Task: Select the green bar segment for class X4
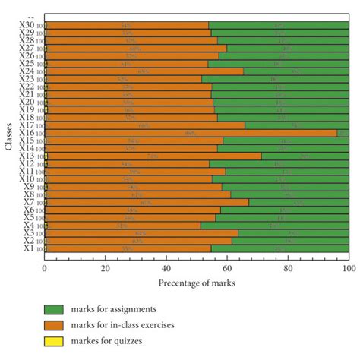click(x=274, y=225)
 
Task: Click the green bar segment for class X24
click(x=296, y=71)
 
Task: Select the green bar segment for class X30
click(x=278, y=25)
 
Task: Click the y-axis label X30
click(x=26, y=25)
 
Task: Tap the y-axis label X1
click(x=28, y=248)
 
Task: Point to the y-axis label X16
click(x=26, y=132)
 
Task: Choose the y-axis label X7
click(x=28, y=202)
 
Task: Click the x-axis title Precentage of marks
click(x=196, y=283)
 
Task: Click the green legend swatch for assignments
click(x=53, y=308)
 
